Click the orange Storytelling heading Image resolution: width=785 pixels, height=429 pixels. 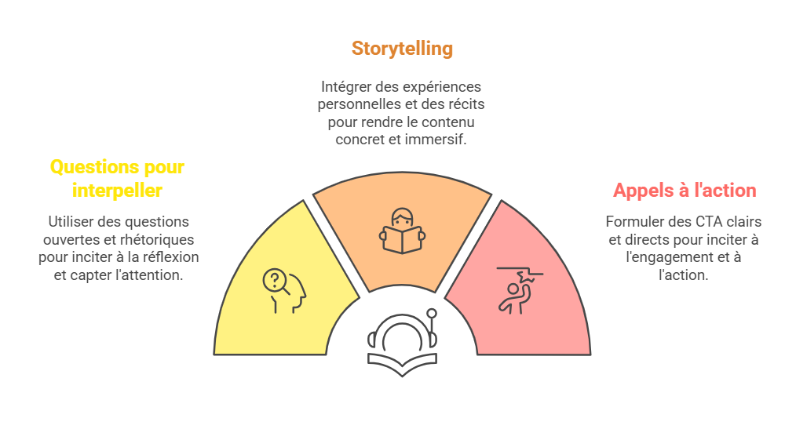(x=402, y=48)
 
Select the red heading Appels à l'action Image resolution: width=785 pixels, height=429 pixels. (x=685, y=190)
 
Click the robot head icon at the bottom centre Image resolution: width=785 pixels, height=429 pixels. (x=402, y=341)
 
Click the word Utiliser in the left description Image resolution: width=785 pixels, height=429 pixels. (x=71, y=222)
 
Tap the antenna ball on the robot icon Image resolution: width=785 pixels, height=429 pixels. (x=431, y=314)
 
